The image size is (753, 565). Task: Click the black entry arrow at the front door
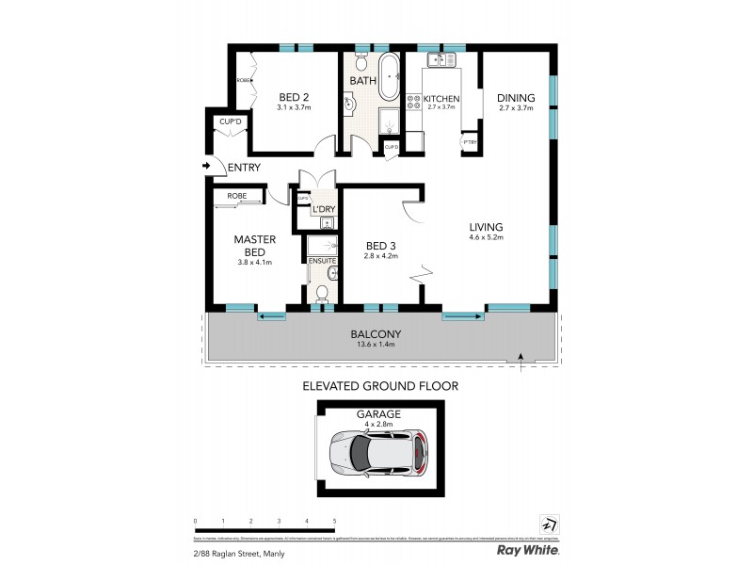[206, 167]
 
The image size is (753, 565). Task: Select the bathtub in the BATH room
[390, 74]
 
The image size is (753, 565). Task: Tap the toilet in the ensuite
[321, 293]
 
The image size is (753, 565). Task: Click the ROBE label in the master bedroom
[236, 196]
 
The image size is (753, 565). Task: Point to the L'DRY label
[325, 208]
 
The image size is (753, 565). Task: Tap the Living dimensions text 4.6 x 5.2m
[488, 237]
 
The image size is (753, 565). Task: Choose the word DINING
[517, 97]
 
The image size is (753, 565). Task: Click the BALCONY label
[376, 333]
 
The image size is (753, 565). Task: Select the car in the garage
[377, 454]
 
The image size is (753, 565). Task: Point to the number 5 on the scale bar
[334, 521]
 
